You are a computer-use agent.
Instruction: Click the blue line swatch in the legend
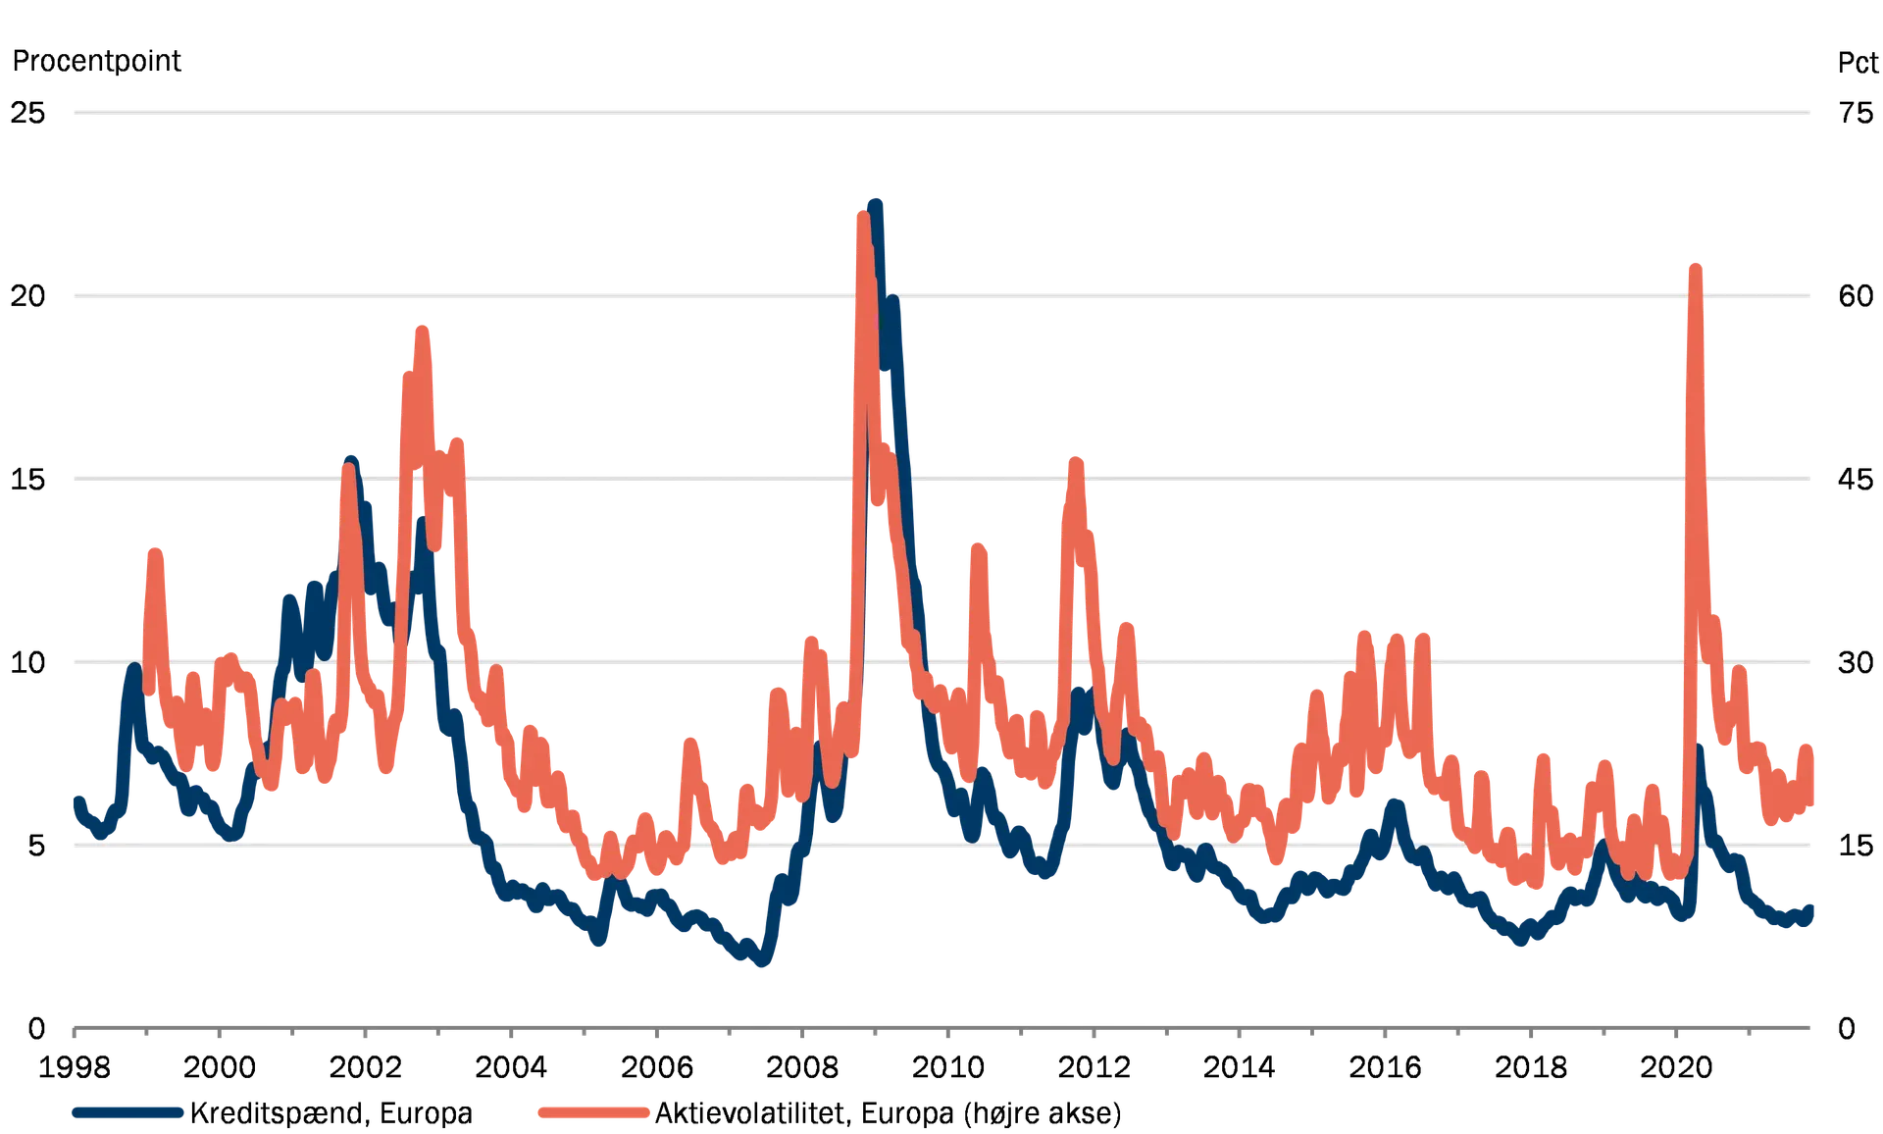pyautogui.click(x=128, y=1111)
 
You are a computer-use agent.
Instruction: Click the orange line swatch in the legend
pyautogui.click(x=594, y=1111)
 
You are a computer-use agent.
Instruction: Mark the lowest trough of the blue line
pyautogui.click(x=763, y=963)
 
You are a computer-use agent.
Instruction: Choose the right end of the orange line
pyautogui.click(x=1810, y=747)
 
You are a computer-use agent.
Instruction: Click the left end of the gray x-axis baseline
pyautogui.click(x=74, y=1029)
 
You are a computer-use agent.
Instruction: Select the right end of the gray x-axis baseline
pyautogui.click(x=1809, y=1029)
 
